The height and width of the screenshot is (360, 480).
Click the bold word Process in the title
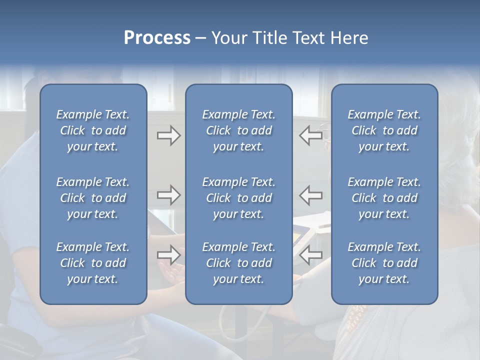[x=157, y=38]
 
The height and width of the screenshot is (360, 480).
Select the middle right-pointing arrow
[x=169, y=195]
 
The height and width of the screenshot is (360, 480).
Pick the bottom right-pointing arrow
[x=169, y=254]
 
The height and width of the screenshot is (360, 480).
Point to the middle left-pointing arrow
[x=311, y=195]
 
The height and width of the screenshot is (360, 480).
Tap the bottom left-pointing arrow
[x=311, y=254]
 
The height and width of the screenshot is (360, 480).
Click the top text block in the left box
[x=93, y=130]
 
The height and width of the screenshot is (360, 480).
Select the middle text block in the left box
[x=93, y=198]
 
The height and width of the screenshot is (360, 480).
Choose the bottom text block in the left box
[x=93, y=263]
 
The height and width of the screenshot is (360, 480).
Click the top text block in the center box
[x=239, y=130]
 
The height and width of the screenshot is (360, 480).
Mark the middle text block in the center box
[x=239, y=198]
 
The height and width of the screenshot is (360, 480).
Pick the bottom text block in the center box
[x=239, y=263]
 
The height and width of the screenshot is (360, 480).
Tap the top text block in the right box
[x=384, y=130]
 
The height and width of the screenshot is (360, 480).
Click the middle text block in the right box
[x=384, y=198]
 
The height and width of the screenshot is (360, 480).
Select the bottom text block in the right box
[x=384, y=263]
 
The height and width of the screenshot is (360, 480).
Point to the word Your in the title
[x=228, y=38]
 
